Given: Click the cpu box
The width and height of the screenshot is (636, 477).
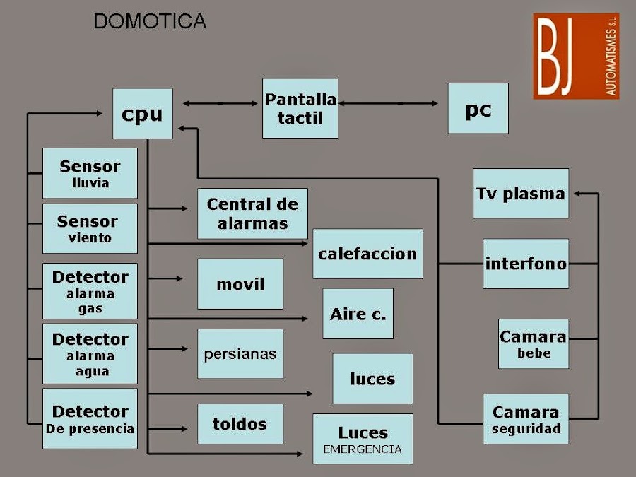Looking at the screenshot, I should (142, 113).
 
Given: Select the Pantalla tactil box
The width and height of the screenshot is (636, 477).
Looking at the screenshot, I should (300, 108).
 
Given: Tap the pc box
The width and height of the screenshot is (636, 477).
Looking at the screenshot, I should (478, 108).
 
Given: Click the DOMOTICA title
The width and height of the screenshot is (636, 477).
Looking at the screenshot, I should (150, 22).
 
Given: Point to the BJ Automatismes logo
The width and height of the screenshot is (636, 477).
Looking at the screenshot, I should (575, 56).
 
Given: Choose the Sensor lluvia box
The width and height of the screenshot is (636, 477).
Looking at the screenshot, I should (90, 173).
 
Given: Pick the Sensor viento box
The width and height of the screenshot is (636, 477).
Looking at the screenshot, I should (90, 228).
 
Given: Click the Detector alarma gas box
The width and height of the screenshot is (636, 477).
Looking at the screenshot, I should (90, 291).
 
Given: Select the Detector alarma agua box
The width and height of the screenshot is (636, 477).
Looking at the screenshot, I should (90, 353).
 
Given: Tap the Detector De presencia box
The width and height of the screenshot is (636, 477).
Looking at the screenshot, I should (90, 418).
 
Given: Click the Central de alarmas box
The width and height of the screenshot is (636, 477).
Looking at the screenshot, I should (252, 213).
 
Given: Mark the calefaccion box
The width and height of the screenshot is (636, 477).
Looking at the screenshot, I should (367, 254).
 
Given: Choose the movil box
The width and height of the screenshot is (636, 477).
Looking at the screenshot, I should (240, 284).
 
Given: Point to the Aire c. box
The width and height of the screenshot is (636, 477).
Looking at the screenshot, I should (358, 314).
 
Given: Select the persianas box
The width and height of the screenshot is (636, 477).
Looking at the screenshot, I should (240, 353).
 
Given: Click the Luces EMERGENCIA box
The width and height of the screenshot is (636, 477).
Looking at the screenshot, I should (363, 439).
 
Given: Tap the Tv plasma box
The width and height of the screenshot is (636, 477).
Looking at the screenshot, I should (520, 193).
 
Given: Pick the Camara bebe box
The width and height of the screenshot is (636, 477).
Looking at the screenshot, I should (533, 343).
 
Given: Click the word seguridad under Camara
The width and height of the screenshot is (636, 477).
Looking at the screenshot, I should (526, 429).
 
